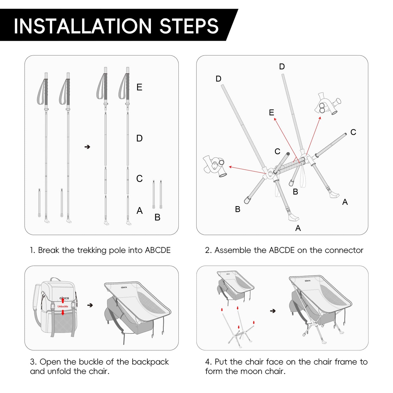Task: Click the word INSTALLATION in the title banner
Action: coord(82,26)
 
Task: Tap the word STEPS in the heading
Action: coord(189,26)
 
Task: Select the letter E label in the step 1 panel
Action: coord(139,87)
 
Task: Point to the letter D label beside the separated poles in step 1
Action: coord(139,138)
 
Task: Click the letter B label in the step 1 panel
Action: coord(157,217)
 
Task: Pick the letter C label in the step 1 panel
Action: coord(139,179)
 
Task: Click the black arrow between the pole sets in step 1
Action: coord(87,147)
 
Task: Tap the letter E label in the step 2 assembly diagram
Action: coord(271,113)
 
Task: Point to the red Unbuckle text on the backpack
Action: coord(63,307)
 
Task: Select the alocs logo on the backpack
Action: coord(64,298)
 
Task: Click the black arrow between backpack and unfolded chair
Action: coord(90,305)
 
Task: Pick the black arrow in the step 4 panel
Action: coord(273,311)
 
